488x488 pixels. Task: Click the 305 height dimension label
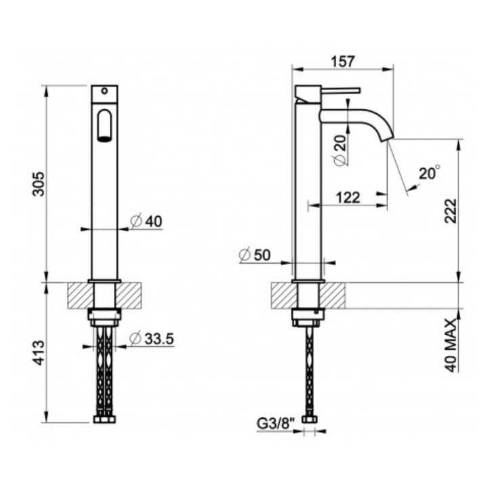point(39,184)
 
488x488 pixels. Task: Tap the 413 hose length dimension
point(39,352)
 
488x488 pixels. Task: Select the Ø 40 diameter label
point(146,221)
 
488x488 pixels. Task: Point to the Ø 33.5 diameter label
point(152,339)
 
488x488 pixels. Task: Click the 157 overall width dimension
point(343,61)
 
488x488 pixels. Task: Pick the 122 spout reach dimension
point(348,197)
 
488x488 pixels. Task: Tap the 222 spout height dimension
point(450,211)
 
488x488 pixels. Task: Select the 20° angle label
point(430,173)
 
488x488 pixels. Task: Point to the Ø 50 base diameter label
point(255,256)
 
